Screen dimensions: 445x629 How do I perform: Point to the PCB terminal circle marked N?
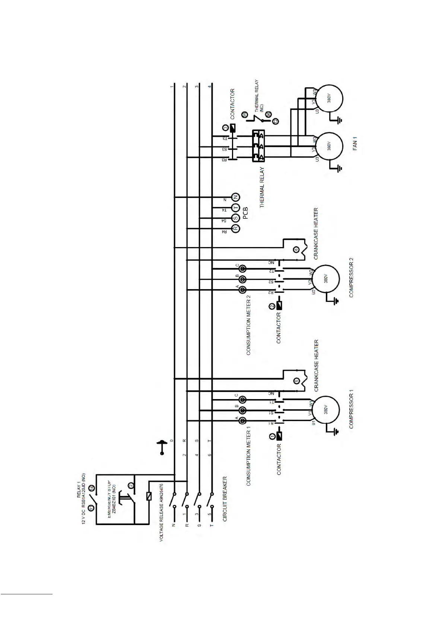(235, 197)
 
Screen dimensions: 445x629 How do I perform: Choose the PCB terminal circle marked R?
(235, 228)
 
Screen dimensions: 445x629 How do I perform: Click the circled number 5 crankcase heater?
(296, 381)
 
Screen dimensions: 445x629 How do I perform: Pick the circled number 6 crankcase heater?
(296, 250)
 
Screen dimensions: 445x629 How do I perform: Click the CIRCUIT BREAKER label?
(225, 498)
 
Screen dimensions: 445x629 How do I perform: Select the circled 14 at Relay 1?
(93, 488)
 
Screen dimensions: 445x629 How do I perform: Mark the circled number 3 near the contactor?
(225, 129)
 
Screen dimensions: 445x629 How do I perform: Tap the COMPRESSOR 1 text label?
(351, 409)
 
